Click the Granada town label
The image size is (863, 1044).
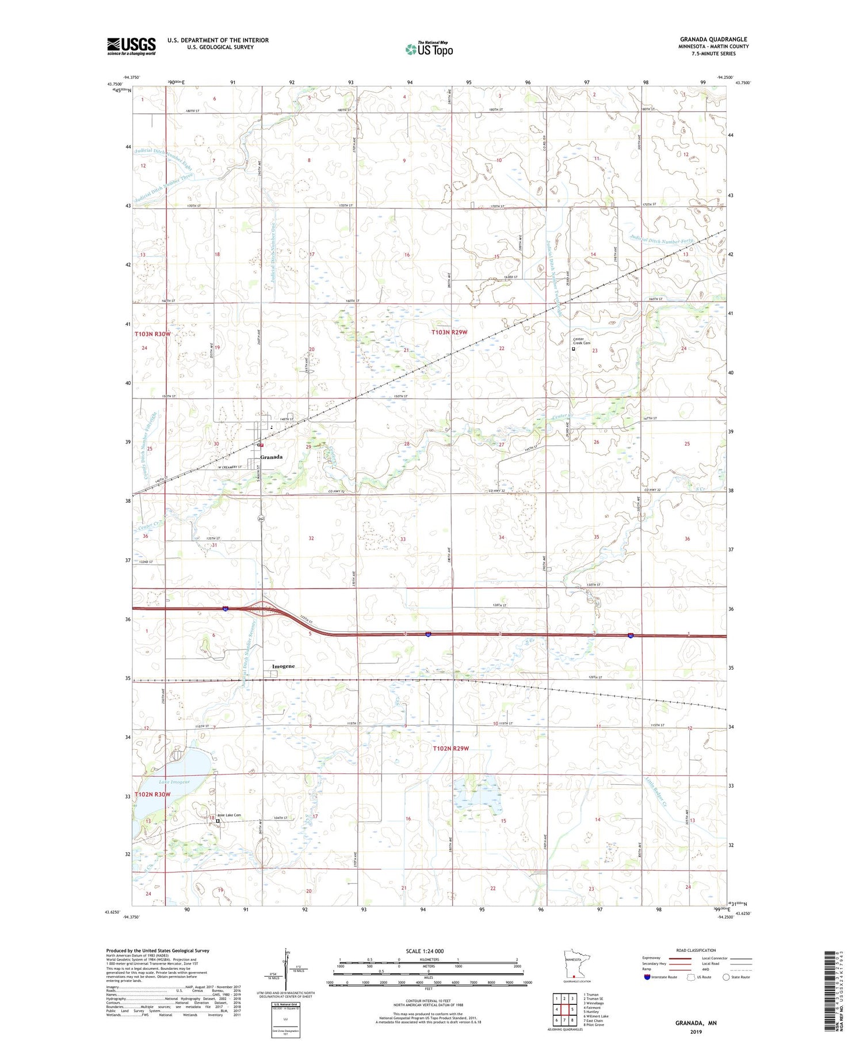coord(271,457)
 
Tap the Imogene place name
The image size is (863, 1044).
coord(283,666)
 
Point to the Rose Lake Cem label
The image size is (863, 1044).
coord(229,815)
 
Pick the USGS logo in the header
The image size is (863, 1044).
coord(131,46)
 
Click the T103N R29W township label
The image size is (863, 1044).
coord(449,332)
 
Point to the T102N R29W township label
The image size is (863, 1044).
coord(450,749)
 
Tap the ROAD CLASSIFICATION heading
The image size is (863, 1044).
coord(696,951)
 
